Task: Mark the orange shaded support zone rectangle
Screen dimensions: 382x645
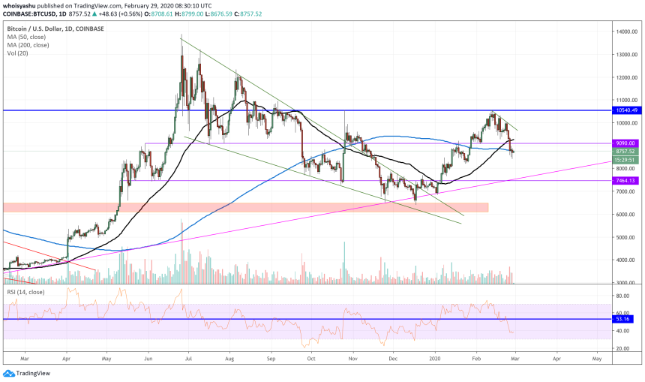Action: (246, 207)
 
